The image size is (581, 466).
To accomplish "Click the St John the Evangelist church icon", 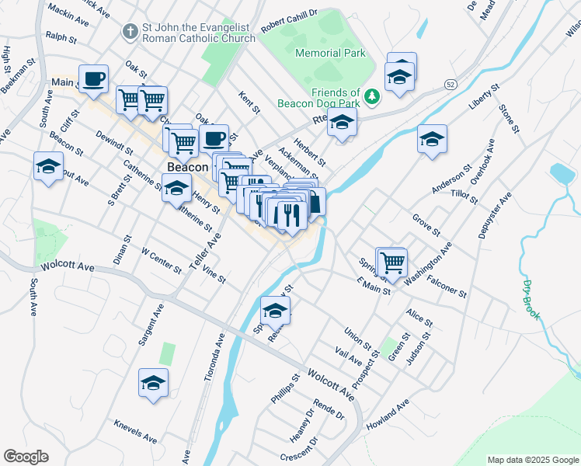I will pos(130,32).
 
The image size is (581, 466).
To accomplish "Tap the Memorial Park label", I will pos(330,53).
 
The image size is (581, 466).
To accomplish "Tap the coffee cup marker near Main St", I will pos(93,78).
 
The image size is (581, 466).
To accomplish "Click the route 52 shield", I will pos(451,83).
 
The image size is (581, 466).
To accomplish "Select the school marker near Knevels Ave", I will pos(154,382).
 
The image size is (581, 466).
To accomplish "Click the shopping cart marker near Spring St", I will pos(391,261).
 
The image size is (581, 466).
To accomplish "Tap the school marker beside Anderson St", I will pos(432,139).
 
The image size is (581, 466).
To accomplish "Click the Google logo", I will pos(26,457).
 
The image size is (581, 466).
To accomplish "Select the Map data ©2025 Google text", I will pos(533,460).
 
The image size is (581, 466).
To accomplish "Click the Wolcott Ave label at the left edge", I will pos(68,267).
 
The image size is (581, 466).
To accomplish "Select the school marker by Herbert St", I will pos(341,122).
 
